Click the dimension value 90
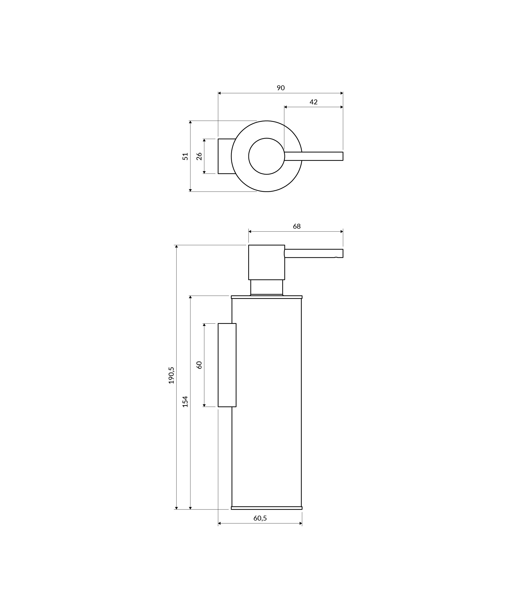[x=280, y=88]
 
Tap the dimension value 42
[x=313, y=102]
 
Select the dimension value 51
[x=185, y=156]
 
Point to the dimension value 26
[x=199, y=156]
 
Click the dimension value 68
[x=297, y=226]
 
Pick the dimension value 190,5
[x=171, y=375]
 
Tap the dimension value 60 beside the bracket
[x=199, y=365]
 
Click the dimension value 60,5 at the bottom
[x=260, y=518]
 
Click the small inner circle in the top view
[x=266, y=156]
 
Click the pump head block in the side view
[x=266, y=262]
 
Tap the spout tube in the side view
[x=314, y=253]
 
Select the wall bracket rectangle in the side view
[x=227, y=365]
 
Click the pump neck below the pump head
[x=266, y=287]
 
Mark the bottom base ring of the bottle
[x=266, y=508]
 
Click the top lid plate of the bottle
[x=266, y=297]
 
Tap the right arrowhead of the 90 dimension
[x=342, y=93]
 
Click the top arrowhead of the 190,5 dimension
[x=176, y=246]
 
